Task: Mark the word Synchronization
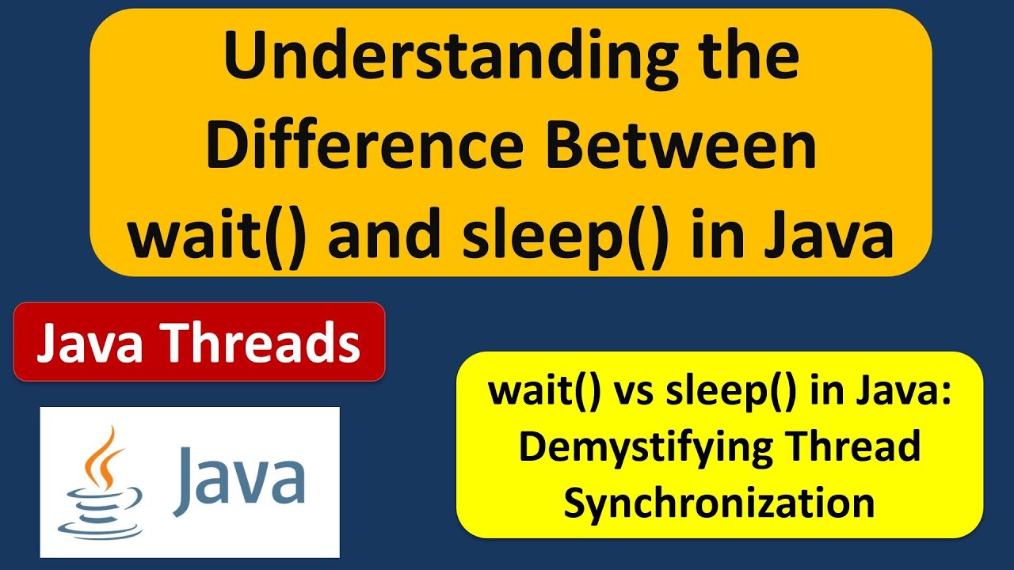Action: (719, 503)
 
